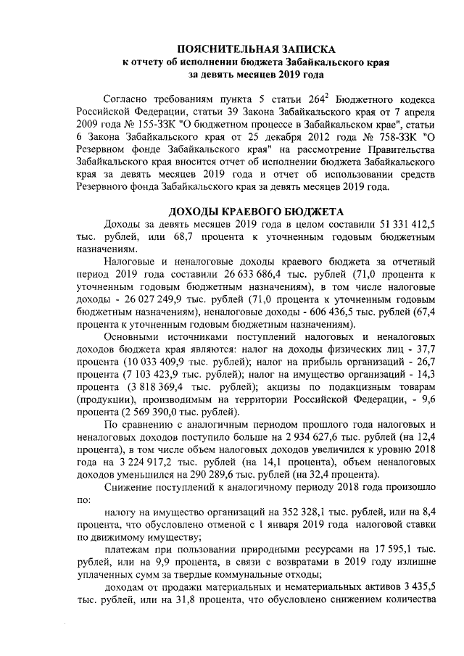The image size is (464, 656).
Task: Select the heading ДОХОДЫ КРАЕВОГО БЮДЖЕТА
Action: [x=255, y=212]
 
